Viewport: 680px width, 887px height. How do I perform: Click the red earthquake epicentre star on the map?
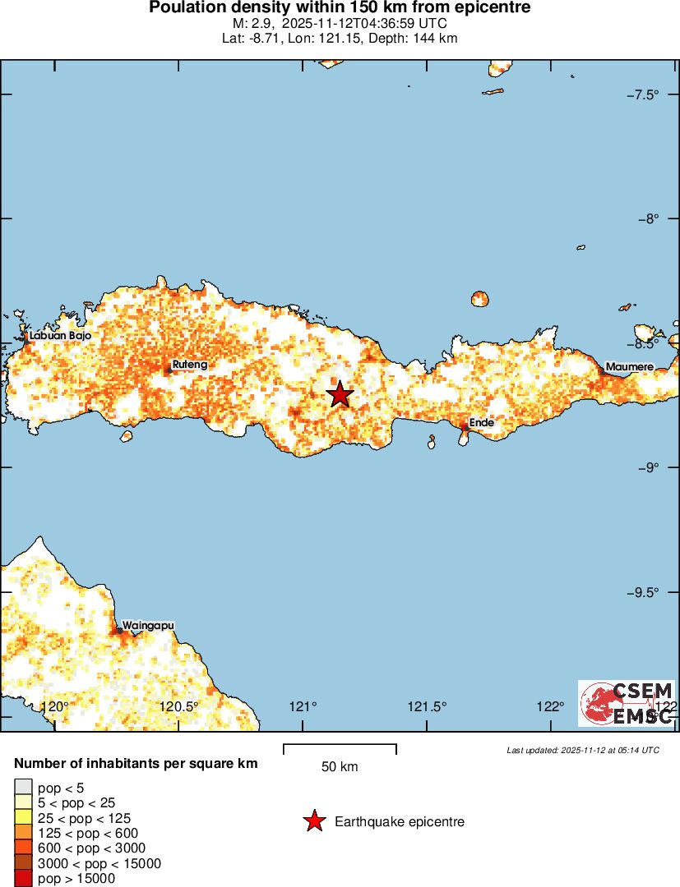click(340, 394)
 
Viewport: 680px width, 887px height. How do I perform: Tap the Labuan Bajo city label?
click(59, 336)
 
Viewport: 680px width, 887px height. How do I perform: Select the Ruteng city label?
click(189, 364)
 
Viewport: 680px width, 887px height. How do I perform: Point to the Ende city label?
click(481, 423)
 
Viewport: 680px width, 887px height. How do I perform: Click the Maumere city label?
click(629, 366)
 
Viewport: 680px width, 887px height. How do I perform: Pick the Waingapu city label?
click(148, 625)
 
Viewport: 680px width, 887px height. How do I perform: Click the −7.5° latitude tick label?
click(643, 94)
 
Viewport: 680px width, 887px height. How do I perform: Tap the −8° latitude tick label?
click(648, 218)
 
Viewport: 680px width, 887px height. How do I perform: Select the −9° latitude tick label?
click(648, 467)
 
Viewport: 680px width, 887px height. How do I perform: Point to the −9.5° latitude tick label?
click(643, 592)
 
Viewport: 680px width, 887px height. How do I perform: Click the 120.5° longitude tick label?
click(179, 706)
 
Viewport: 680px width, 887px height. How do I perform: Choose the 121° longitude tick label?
click(303, 706)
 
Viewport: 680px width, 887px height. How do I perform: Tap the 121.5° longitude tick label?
click(428, 706)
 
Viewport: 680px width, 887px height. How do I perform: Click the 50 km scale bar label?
click(340, 767)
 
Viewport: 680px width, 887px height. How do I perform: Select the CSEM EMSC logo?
click(627, 703)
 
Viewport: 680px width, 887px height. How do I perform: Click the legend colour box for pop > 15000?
click(24, 879)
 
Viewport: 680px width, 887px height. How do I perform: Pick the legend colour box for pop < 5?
click(24, 788)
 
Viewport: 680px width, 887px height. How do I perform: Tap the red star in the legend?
click(314, 821)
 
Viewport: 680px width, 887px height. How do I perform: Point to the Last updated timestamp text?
click(583, 750)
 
